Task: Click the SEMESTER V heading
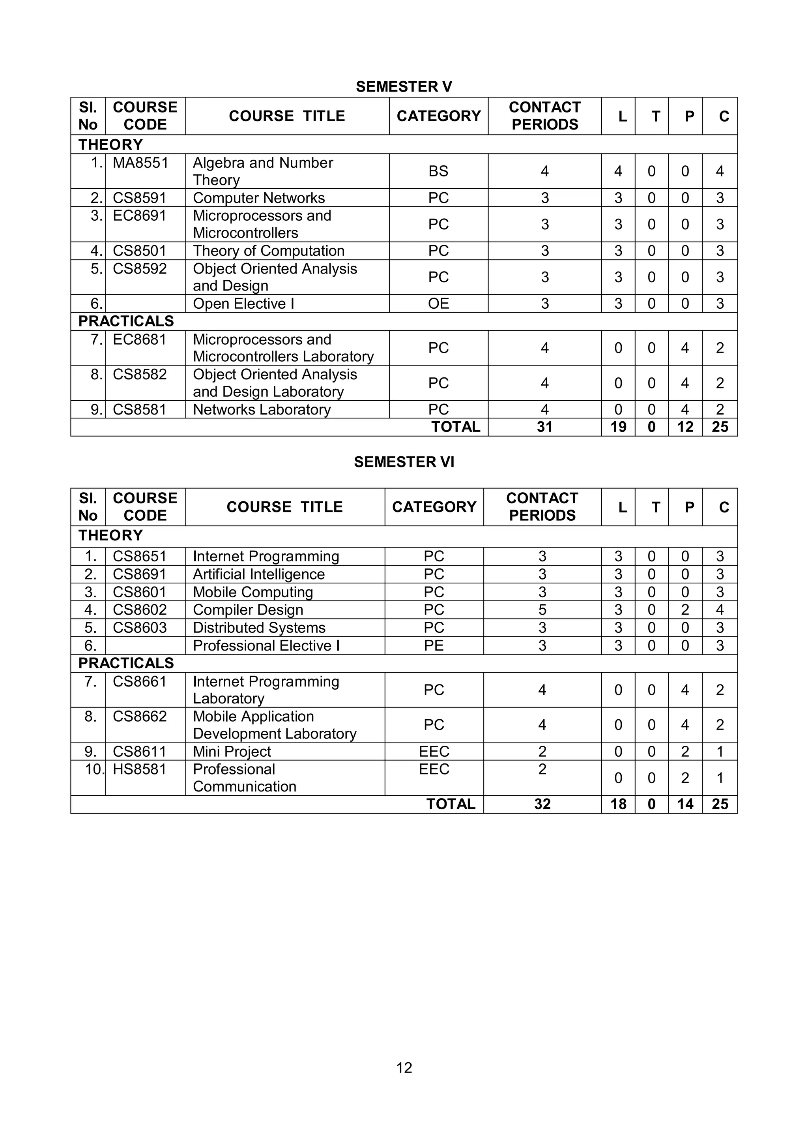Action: click(403, 87)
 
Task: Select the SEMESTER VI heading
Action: click(403, 462)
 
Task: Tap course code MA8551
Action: click(140, 163)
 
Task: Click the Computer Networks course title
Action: click(258, 198)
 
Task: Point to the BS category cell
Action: click(438, 171)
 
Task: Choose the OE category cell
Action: click(438, 304)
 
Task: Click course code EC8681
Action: click(139, 339)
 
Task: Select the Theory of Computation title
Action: click(268, 251)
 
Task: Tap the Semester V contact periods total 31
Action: click(544, 427)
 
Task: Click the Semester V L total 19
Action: click(618, 427)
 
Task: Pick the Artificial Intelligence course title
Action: click(258, 574)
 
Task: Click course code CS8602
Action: click(139, 610)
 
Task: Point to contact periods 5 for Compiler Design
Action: click(542, 610)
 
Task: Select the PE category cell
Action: click(434, 646)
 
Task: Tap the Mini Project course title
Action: click(232, 751)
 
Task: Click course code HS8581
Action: click(139, 769)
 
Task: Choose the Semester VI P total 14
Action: click(685, 804)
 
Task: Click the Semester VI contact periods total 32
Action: click(542, 804)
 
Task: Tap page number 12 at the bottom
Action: click(404, 1067)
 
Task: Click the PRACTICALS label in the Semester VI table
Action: click(126, 663)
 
